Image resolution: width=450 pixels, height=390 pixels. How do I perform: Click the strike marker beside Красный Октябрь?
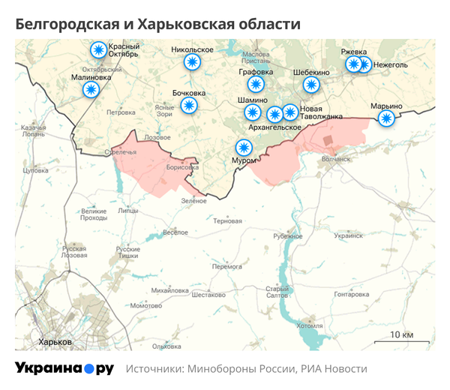[x=97, y=50]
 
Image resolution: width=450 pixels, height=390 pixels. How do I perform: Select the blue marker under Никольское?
[x=193, y=62]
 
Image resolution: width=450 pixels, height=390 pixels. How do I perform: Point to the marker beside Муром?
[x=244, y=147]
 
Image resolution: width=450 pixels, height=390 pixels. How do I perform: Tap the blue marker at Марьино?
[x=385, y=118]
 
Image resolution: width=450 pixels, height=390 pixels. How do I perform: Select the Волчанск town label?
[x=336, y=159]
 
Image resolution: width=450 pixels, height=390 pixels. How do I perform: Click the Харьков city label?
[x=55, y=341]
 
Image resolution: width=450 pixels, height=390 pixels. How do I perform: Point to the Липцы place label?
[x=128, y=211]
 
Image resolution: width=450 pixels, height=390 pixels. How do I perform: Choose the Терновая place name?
[x=228, y=221]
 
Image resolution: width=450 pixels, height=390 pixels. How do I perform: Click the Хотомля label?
[x=309, y=326]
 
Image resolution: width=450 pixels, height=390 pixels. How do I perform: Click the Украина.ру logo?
[x=64, y=368]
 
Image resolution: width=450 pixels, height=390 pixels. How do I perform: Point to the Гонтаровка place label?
[x=351, y=295]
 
